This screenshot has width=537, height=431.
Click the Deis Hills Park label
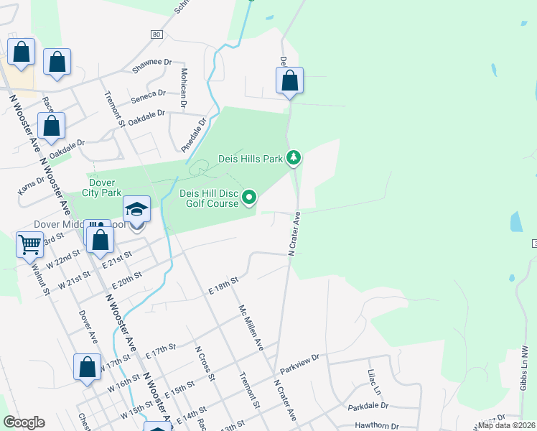click(251, 159)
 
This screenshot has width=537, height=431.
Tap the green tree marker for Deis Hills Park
click(293, 157)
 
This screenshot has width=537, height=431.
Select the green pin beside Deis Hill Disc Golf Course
click(249, 196)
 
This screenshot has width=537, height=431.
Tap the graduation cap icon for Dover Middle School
click(136, 210)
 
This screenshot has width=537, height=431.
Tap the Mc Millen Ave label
click(251, 326)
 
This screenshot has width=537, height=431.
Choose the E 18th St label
click(223, 285)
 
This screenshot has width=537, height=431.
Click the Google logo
click(24, 422)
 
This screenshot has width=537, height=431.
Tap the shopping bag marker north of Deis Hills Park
click(289, 80)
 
